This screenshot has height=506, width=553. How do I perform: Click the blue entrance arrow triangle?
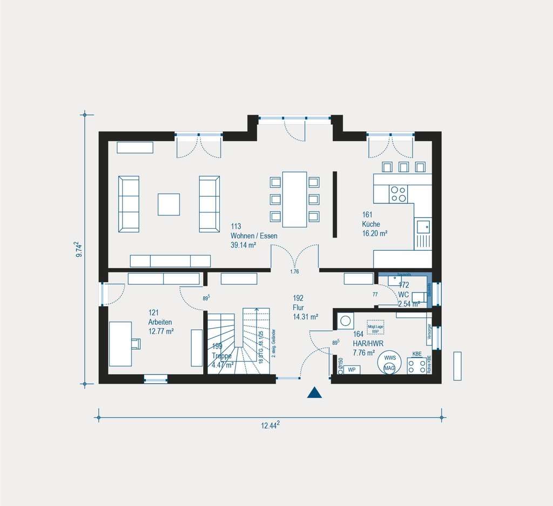[314, 393]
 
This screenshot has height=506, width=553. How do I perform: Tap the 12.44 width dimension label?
[270, 425]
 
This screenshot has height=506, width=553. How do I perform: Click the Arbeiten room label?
[161, 322]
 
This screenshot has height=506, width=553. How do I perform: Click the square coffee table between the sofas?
[169, 204]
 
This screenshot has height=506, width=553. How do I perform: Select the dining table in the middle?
[294, 199]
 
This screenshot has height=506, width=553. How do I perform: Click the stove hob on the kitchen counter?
[399, 194]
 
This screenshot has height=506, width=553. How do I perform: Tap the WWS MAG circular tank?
[389, 363]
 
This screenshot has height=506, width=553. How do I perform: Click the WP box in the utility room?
[352, 369]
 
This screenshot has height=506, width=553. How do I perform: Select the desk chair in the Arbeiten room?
[136, 343]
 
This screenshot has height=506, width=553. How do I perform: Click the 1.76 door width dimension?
[294, 271]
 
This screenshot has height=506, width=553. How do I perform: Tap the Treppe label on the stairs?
[222, 356]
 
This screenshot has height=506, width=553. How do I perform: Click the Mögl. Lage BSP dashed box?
[375, 328]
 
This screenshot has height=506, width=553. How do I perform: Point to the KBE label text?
[417, 354]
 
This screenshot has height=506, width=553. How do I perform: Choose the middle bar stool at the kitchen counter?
[403, 167]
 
